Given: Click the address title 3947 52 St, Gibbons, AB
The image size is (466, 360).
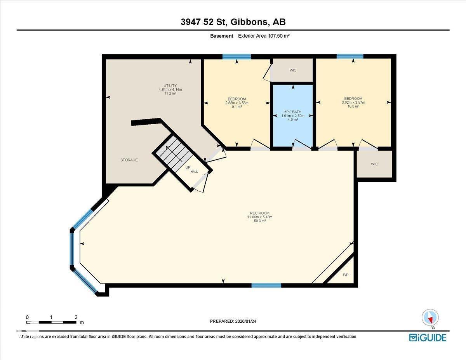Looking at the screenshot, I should (x=233, y=22).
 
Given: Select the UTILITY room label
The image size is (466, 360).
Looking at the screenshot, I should (x=170, y=86).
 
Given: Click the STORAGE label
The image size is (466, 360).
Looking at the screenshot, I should (x=129, y=160).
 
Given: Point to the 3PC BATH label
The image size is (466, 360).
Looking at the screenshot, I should (x=292, y=112).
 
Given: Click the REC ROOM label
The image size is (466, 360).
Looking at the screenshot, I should (x=260, y=213).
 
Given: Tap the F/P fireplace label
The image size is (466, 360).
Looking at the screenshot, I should (x=346, y=275).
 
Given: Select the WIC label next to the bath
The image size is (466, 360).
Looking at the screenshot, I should (x=293, y=70).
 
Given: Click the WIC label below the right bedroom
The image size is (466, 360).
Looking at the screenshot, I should (x=374, y=164).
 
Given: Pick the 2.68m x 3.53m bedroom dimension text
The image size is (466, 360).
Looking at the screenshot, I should (x=236, y=103).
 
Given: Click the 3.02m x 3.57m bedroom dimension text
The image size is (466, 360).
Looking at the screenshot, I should (x=353, y=103).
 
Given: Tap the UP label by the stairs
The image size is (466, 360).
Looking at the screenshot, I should (x=188, y=168).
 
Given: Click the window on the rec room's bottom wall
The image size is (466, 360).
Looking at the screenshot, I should (x=266, y=285).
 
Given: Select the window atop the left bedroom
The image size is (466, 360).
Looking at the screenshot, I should (x=236, y=57).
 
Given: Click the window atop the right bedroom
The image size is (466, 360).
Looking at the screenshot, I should (x=350, y=56).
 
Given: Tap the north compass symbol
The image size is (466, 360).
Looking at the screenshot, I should (x=430, y=317).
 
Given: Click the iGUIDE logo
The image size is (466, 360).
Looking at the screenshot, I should (x=428, y=337).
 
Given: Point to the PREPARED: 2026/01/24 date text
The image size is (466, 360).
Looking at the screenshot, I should (x=233, y=321).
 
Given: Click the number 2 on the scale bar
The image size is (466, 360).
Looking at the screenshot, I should (x=76, y=317).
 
